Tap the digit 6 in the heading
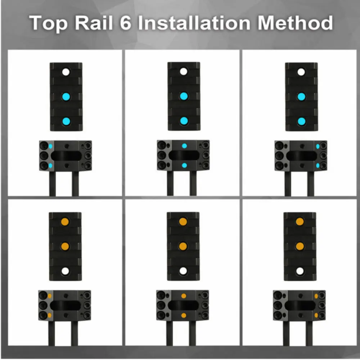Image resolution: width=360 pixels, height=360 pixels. pyautogui.click(x=125, y=23)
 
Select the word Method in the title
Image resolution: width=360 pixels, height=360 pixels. pyautogui.click(x=295, y=23)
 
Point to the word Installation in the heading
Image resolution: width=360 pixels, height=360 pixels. pyautogui.click(x=194, y=23)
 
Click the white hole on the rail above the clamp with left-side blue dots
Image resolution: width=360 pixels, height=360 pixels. pyautogui.click(x=66, y=72)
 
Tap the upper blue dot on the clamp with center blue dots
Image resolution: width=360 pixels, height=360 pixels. pyautogui.click(x=184, y=146)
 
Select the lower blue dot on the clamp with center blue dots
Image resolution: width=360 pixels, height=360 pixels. pyautogui.click(x=184, y=165)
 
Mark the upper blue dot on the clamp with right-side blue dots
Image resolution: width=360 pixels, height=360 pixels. pyautogui.click(x=318, y=146)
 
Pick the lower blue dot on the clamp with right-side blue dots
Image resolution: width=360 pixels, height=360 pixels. pyautogui.click(x=318, y=166)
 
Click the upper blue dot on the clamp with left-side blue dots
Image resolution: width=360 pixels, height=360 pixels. pyautogui.click(x=50, y=146)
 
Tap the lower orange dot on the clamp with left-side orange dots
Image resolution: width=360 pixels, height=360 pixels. pyautogui.click(x=49, y=315)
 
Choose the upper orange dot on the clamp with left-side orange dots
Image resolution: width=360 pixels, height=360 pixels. pyautogui.click(x=49, y=296)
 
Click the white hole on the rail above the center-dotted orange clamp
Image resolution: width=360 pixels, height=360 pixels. pyautogui.click(x=183, y=271)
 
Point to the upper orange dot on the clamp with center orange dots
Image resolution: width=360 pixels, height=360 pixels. pyautogui.click(x=184, y=296)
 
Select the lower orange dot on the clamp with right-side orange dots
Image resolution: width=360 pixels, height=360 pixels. pyautogui.click(x=316, y=315)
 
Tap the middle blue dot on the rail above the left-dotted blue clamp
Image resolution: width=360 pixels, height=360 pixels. pyautogui.click(x=66, y=96)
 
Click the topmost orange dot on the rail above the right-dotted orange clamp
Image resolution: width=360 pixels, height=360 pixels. pyautogui.click(x=300, y=221)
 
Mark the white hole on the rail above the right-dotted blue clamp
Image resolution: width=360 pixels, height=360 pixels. pyautogui.click(x=301, y=72)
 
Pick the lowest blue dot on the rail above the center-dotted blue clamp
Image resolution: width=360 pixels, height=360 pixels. pyautogui.click(x=184, y=121)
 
